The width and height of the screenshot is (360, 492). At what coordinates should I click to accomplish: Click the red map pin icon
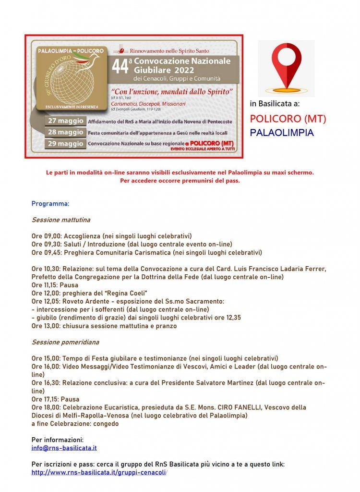286,68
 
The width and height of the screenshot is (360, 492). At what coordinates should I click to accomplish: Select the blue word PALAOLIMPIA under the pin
281,133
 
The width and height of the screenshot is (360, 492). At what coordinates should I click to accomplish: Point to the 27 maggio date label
65,121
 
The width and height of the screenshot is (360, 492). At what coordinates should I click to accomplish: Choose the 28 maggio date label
65,132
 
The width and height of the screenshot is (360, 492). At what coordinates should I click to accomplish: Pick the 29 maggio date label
65,143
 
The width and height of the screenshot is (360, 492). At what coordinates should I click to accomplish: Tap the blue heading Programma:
50,204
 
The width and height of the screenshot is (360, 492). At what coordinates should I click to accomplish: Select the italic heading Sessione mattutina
61,220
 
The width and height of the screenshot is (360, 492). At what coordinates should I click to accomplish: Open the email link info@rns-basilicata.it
64,448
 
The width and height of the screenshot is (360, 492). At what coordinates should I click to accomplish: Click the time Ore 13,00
46,326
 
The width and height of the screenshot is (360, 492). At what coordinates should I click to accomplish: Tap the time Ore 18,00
46,407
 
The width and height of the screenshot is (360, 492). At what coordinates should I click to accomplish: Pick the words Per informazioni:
58,440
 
